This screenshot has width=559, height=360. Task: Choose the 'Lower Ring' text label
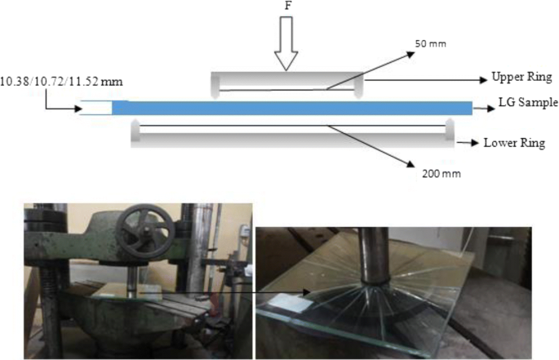click(x=517, y=142)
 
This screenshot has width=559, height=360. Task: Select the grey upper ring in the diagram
click(x=287, y=82)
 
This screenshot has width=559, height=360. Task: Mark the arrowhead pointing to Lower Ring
click(x=476, y=142)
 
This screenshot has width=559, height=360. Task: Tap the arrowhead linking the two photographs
click(x=307, y=291)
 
